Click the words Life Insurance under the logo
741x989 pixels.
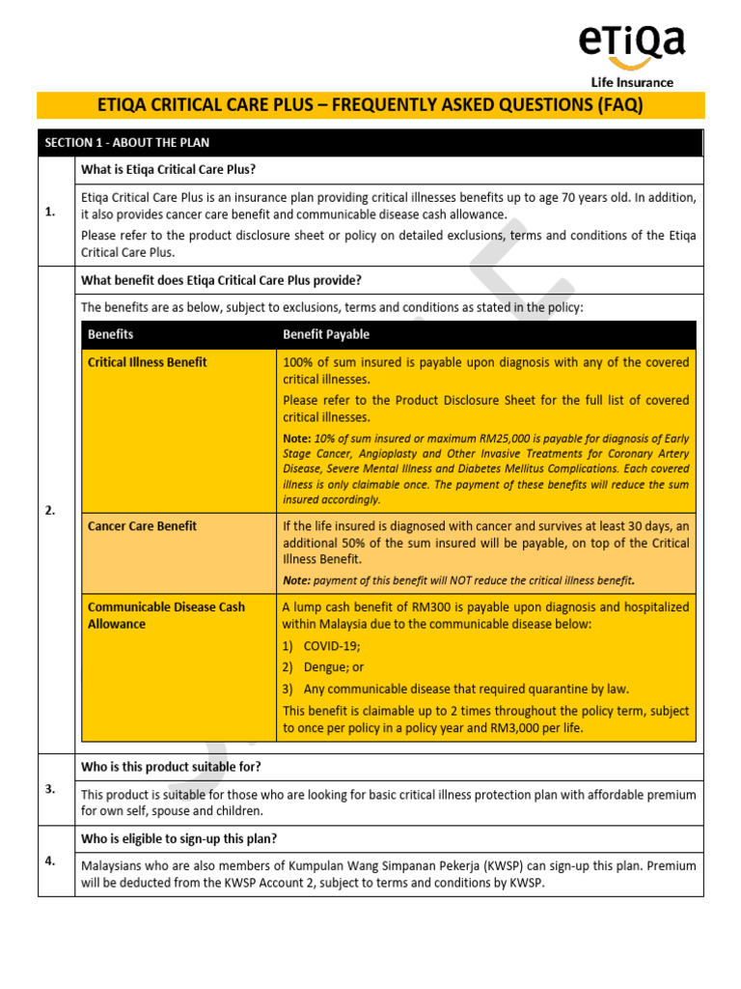coord(632,83)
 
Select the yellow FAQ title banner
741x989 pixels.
coord(370,105)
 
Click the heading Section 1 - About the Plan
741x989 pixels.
coord(127,143)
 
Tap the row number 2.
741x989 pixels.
coord(50,511)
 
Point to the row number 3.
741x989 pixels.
coord(50,789)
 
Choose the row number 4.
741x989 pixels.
coord(50,861)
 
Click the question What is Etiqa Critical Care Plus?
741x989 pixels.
coord(168,170)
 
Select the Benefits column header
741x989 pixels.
coord(111,335)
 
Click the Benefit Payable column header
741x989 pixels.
coord(326,335)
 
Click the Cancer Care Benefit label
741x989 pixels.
coord(142,526)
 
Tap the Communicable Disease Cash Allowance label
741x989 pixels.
coord(166,615)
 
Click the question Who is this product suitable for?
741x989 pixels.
coord(171,767)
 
